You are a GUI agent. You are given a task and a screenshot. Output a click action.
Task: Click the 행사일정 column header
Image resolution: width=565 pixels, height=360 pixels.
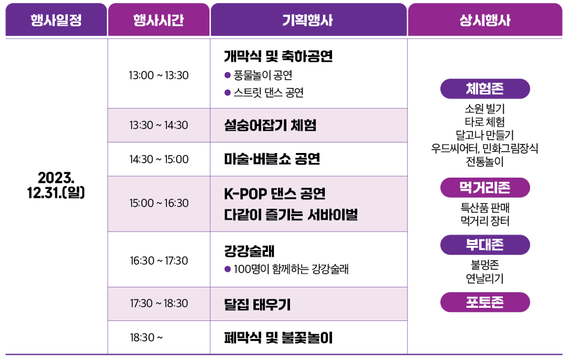[56, 20]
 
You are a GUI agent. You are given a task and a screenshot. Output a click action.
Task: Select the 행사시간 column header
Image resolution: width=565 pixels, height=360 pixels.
[159, 20]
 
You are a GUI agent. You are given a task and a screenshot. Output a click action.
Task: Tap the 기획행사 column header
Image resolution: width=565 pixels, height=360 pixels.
[308, 20]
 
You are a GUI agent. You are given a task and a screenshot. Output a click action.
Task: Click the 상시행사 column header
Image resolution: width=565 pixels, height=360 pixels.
[485, 20]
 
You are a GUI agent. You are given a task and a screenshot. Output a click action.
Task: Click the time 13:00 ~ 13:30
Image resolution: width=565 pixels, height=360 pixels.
[159, 75]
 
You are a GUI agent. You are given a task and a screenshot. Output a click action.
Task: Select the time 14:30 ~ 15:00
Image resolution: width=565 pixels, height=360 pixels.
[159, 159]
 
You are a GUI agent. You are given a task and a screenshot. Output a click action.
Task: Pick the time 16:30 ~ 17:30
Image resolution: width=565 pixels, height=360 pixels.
[159, 260]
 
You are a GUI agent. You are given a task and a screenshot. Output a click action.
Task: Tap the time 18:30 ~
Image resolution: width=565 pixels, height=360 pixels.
[147, 337]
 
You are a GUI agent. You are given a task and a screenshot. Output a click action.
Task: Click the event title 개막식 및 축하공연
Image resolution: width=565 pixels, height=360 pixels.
[278, 56]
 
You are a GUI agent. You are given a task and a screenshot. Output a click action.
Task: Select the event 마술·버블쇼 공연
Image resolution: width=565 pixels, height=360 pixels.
[271, 159]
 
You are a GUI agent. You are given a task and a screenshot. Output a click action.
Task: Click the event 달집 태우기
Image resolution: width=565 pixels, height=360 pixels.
[257, 304]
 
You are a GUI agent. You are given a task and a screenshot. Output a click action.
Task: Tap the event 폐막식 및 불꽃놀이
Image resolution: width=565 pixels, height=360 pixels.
[278, 337]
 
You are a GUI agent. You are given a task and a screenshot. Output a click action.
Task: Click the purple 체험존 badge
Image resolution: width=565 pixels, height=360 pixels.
[485, 89]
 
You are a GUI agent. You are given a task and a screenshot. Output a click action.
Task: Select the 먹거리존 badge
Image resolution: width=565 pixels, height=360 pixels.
[485, 188]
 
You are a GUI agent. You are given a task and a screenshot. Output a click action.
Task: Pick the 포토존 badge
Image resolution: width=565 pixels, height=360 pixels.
[485, 302]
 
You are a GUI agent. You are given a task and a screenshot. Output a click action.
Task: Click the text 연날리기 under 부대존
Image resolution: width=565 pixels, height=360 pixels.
[485, 278]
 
